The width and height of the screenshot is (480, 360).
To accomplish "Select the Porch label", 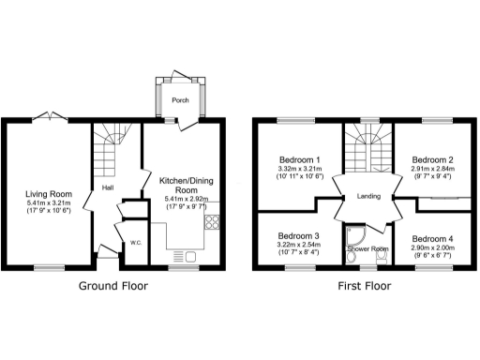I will coord(179,100).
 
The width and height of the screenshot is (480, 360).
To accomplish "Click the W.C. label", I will coord(135,243).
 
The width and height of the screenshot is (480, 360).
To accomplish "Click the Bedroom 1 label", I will coord(300,159).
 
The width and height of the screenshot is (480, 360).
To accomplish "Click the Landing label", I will coord(367,196).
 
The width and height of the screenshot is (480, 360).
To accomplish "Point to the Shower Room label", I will coord(367,249).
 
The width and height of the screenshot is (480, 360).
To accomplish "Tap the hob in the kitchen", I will coord(212,222).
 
